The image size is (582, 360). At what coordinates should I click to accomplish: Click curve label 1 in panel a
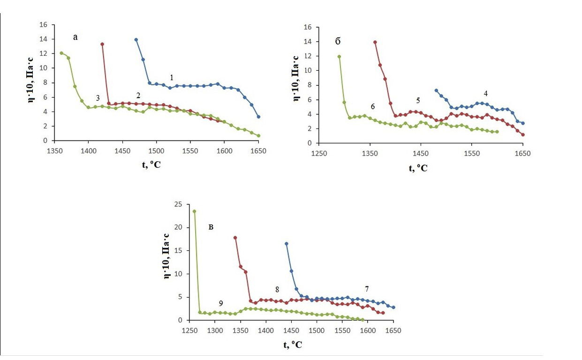[172, 77]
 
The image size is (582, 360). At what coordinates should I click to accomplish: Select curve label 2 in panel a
[138, 95]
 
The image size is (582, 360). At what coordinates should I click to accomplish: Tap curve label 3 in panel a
[98, 98]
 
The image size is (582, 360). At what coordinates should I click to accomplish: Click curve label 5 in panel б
[418, 100]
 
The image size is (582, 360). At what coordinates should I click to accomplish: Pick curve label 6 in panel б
[372, 106]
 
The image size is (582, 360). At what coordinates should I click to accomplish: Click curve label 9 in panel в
[221, 303]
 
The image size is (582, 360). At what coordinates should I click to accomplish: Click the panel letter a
[75, 37]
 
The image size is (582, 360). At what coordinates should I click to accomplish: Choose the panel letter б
[338, 41]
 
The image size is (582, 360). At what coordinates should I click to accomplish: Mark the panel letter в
[211, 227]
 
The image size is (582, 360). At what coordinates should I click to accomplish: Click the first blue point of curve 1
[136, 40]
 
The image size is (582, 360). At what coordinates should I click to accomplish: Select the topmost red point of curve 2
[102, 44]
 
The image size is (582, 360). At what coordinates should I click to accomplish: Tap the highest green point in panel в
[194, 211]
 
